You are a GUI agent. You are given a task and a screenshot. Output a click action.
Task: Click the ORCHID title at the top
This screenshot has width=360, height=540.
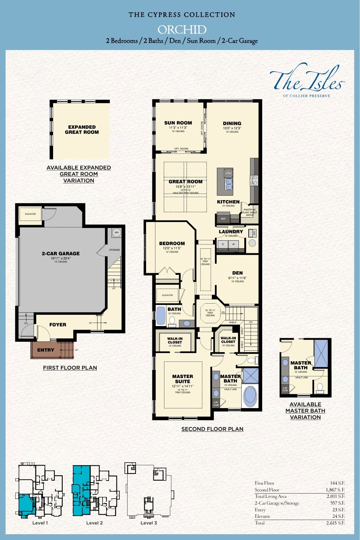[x=182, y=30]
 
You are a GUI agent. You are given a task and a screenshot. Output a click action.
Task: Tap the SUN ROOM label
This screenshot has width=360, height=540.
[x=178, y=123]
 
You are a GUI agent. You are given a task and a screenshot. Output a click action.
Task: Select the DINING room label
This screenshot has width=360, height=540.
[x=232, y=123]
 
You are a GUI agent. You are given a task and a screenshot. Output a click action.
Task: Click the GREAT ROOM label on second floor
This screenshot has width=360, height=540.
[x=185, y=181]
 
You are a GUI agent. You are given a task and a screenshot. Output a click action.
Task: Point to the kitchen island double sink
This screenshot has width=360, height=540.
[x=229, y=184]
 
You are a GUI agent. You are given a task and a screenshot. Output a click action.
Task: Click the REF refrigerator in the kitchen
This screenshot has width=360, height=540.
[x=223, y=219]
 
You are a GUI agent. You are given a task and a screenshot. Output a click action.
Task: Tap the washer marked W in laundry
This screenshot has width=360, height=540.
[x=233, y=244]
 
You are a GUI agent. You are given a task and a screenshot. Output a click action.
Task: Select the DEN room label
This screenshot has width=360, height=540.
[x=237, y=273]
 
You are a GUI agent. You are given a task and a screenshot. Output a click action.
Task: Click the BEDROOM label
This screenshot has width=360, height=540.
[x=172, y=243]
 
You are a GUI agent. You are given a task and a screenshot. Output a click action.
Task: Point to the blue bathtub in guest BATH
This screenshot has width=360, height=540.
[x=161, y=315]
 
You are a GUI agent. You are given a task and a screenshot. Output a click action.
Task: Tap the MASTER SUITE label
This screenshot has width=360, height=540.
[x=182, y=379]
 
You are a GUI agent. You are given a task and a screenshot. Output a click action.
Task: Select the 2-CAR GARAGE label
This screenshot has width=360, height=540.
[x=61, y=253]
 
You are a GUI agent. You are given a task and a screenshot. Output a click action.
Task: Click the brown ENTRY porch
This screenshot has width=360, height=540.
[x=46, y=350]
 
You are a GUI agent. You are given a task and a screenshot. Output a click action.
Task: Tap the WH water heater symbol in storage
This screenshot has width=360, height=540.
[x=116, y=232]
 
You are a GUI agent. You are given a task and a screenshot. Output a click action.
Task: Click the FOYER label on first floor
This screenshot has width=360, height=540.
[x=58, y=325]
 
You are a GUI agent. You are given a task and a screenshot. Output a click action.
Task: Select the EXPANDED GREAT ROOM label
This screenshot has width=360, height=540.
[x=82, y=129]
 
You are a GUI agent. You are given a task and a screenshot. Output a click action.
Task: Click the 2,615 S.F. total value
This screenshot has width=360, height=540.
[x=335, y=523]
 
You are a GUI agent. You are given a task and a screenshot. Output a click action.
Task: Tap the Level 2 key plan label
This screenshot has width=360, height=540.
[x=94, y=523]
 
